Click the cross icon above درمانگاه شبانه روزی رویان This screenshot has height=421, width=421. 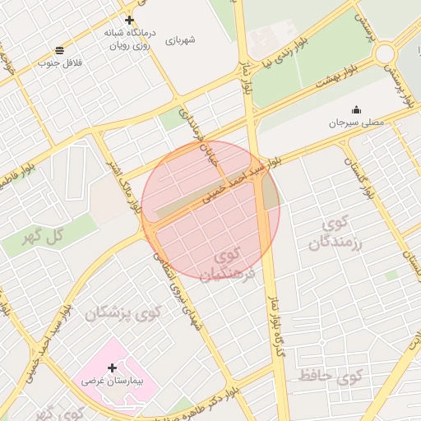129,20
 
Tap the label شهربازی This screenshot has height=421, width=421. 180,39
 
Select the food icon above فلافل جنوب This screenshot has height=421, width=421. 58,51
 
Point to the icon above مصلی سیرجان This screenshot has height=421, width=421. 356,110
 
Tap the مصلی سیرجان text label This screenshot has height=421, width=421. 356,123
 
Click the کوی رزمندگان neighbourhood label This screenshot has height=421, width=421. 337,232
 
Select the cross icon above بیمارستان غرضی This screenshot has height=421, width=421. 112,367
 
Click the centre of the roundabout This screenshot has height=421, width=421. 385,54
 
